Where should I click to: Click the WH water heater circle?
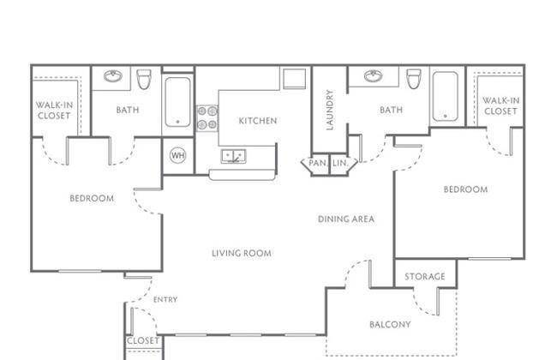pyautogui.click(x=177, y=155)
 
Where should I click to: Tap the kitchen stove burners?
pyautogui.click(x=207, y=118)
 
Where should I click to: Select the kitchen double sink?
pyautogui.click(x=233, y=156)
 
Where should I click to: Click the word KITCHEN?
pyautogui.click(x=258, y=121)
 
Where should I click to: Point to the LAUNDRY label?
pyautogui.click(x=330, y=110)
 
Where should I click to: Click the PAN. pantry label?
pyautogui.click(x=318, y=163)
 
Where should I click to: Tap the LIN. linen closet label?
pyautogui.click(x=340, y=163)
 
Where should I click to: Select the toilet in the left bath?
pyautogui.click(x=144, y=79)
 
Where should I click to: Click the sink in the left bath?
pyautogui.click(x=113, y=76)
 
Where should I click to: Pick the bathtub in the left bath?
pyautogui.click(x=177, y=102)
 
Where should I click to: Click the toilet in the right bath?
pyautogui.click(x=414, y=79)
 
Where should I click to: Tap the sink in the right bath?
pyautogui.click(x=374, y=76)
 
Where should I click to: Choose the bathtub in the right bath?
pyautogui.click(x=446, y=96)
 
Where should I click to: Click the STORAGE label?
pyautogui.click(x=425, y=277)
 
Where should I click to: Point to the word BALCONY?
pyautogui.click(x=390, y=325)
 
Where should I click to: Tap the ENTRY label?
pyautogui.click(x=165, y=300)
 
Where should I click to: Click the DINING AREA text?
pyautogui.click(x=346, y=219)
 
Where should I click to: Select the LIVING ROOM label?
pyautogui.click(x=242, y=254)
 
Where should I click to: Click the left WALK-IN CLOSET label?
pyautogui.click(x=54, y=111)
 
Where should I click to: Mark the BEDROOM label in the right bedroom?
pyautogui.click(x=465, y=189)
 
